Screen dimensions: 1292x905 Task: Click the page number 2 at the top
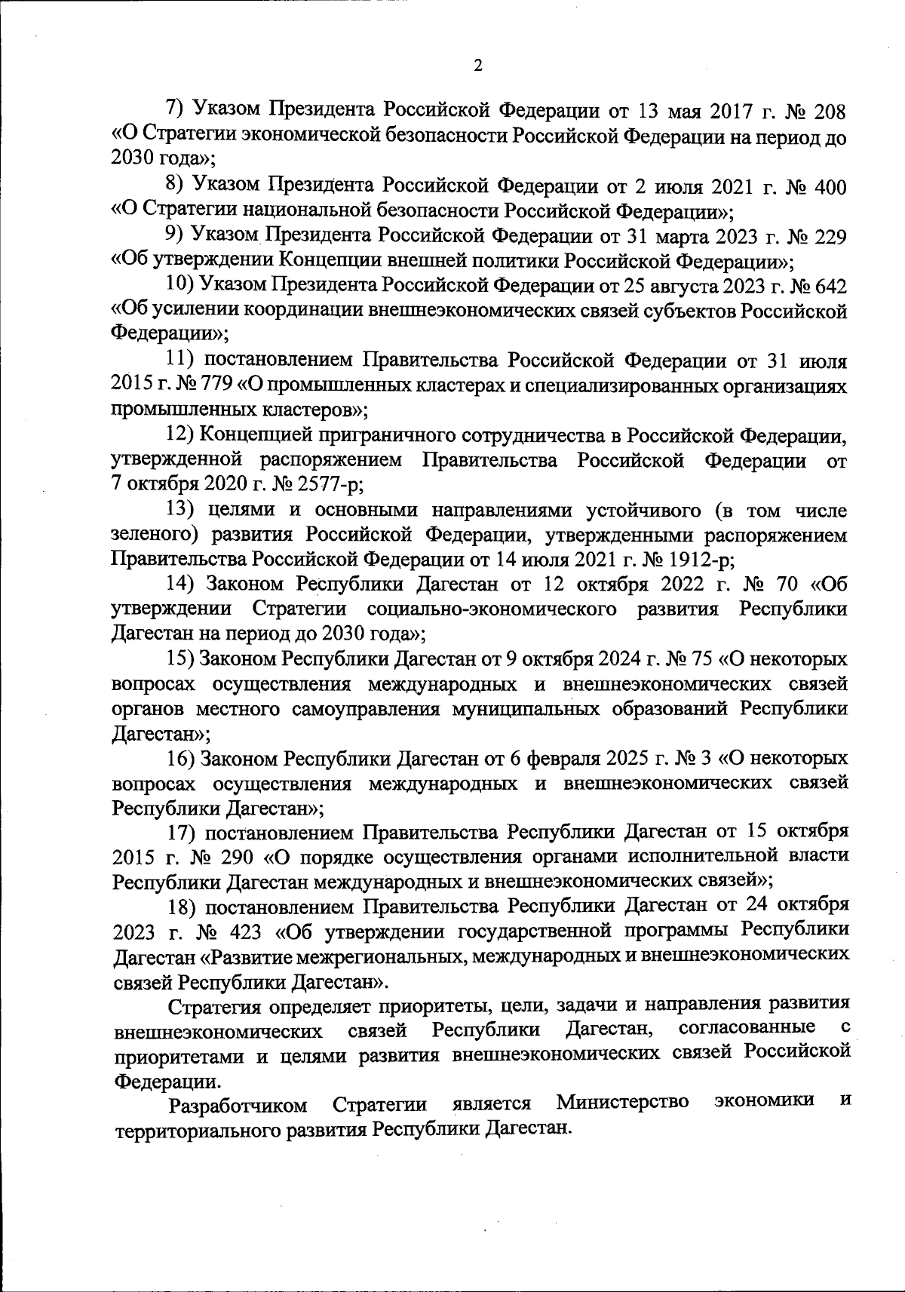(x=477, y=65)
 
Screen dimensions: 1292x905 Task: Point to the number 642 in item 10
(x=830, y=286)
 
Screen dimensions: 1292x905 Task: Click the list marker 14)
(x=181, y=585)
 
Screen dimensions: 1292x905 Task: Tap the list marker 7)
(x=175, y=111)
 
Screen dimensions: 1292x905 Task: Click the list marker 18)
(x=182, y=905)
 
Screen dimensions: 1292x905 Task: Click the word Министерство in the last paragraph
(x=622, y=1103)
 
